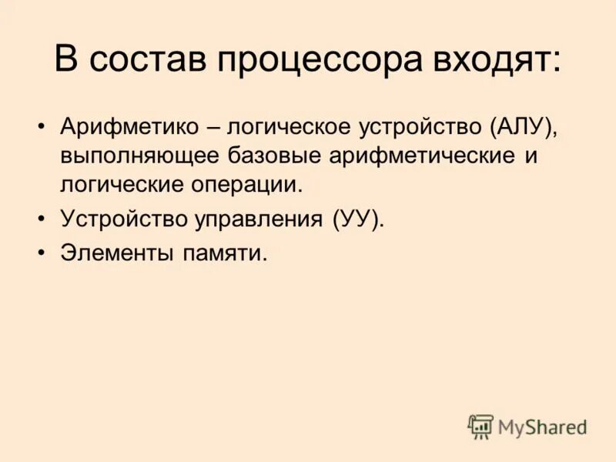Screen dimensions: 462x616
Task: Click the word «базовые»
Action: (266, 156)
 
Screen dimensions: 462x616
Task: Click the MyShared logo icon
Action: (480, 427)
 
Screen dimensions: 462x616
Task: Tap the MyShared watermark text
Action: (542, 427)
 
